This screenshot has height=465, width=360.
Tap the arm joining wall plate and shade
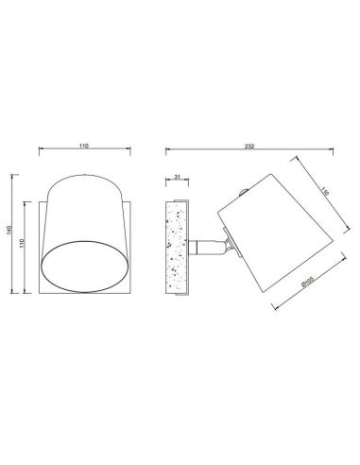pyautogui.click(x=201, y=247)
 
